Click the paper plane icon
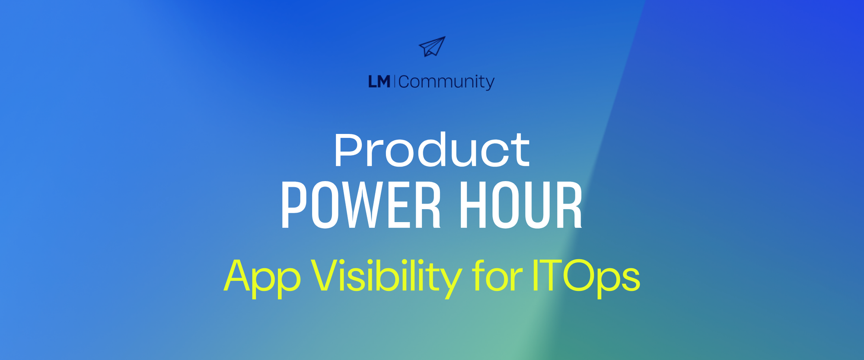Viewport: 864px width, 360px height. coord(432,47)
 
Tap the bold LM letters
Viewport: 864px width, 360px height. coord(379,82)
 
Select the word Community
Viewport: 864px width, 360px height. coord(446,82)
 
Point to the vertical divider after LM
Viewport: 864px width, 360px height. coord(394,81)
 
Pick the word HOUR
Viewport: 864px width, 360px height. coord(521,205)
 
